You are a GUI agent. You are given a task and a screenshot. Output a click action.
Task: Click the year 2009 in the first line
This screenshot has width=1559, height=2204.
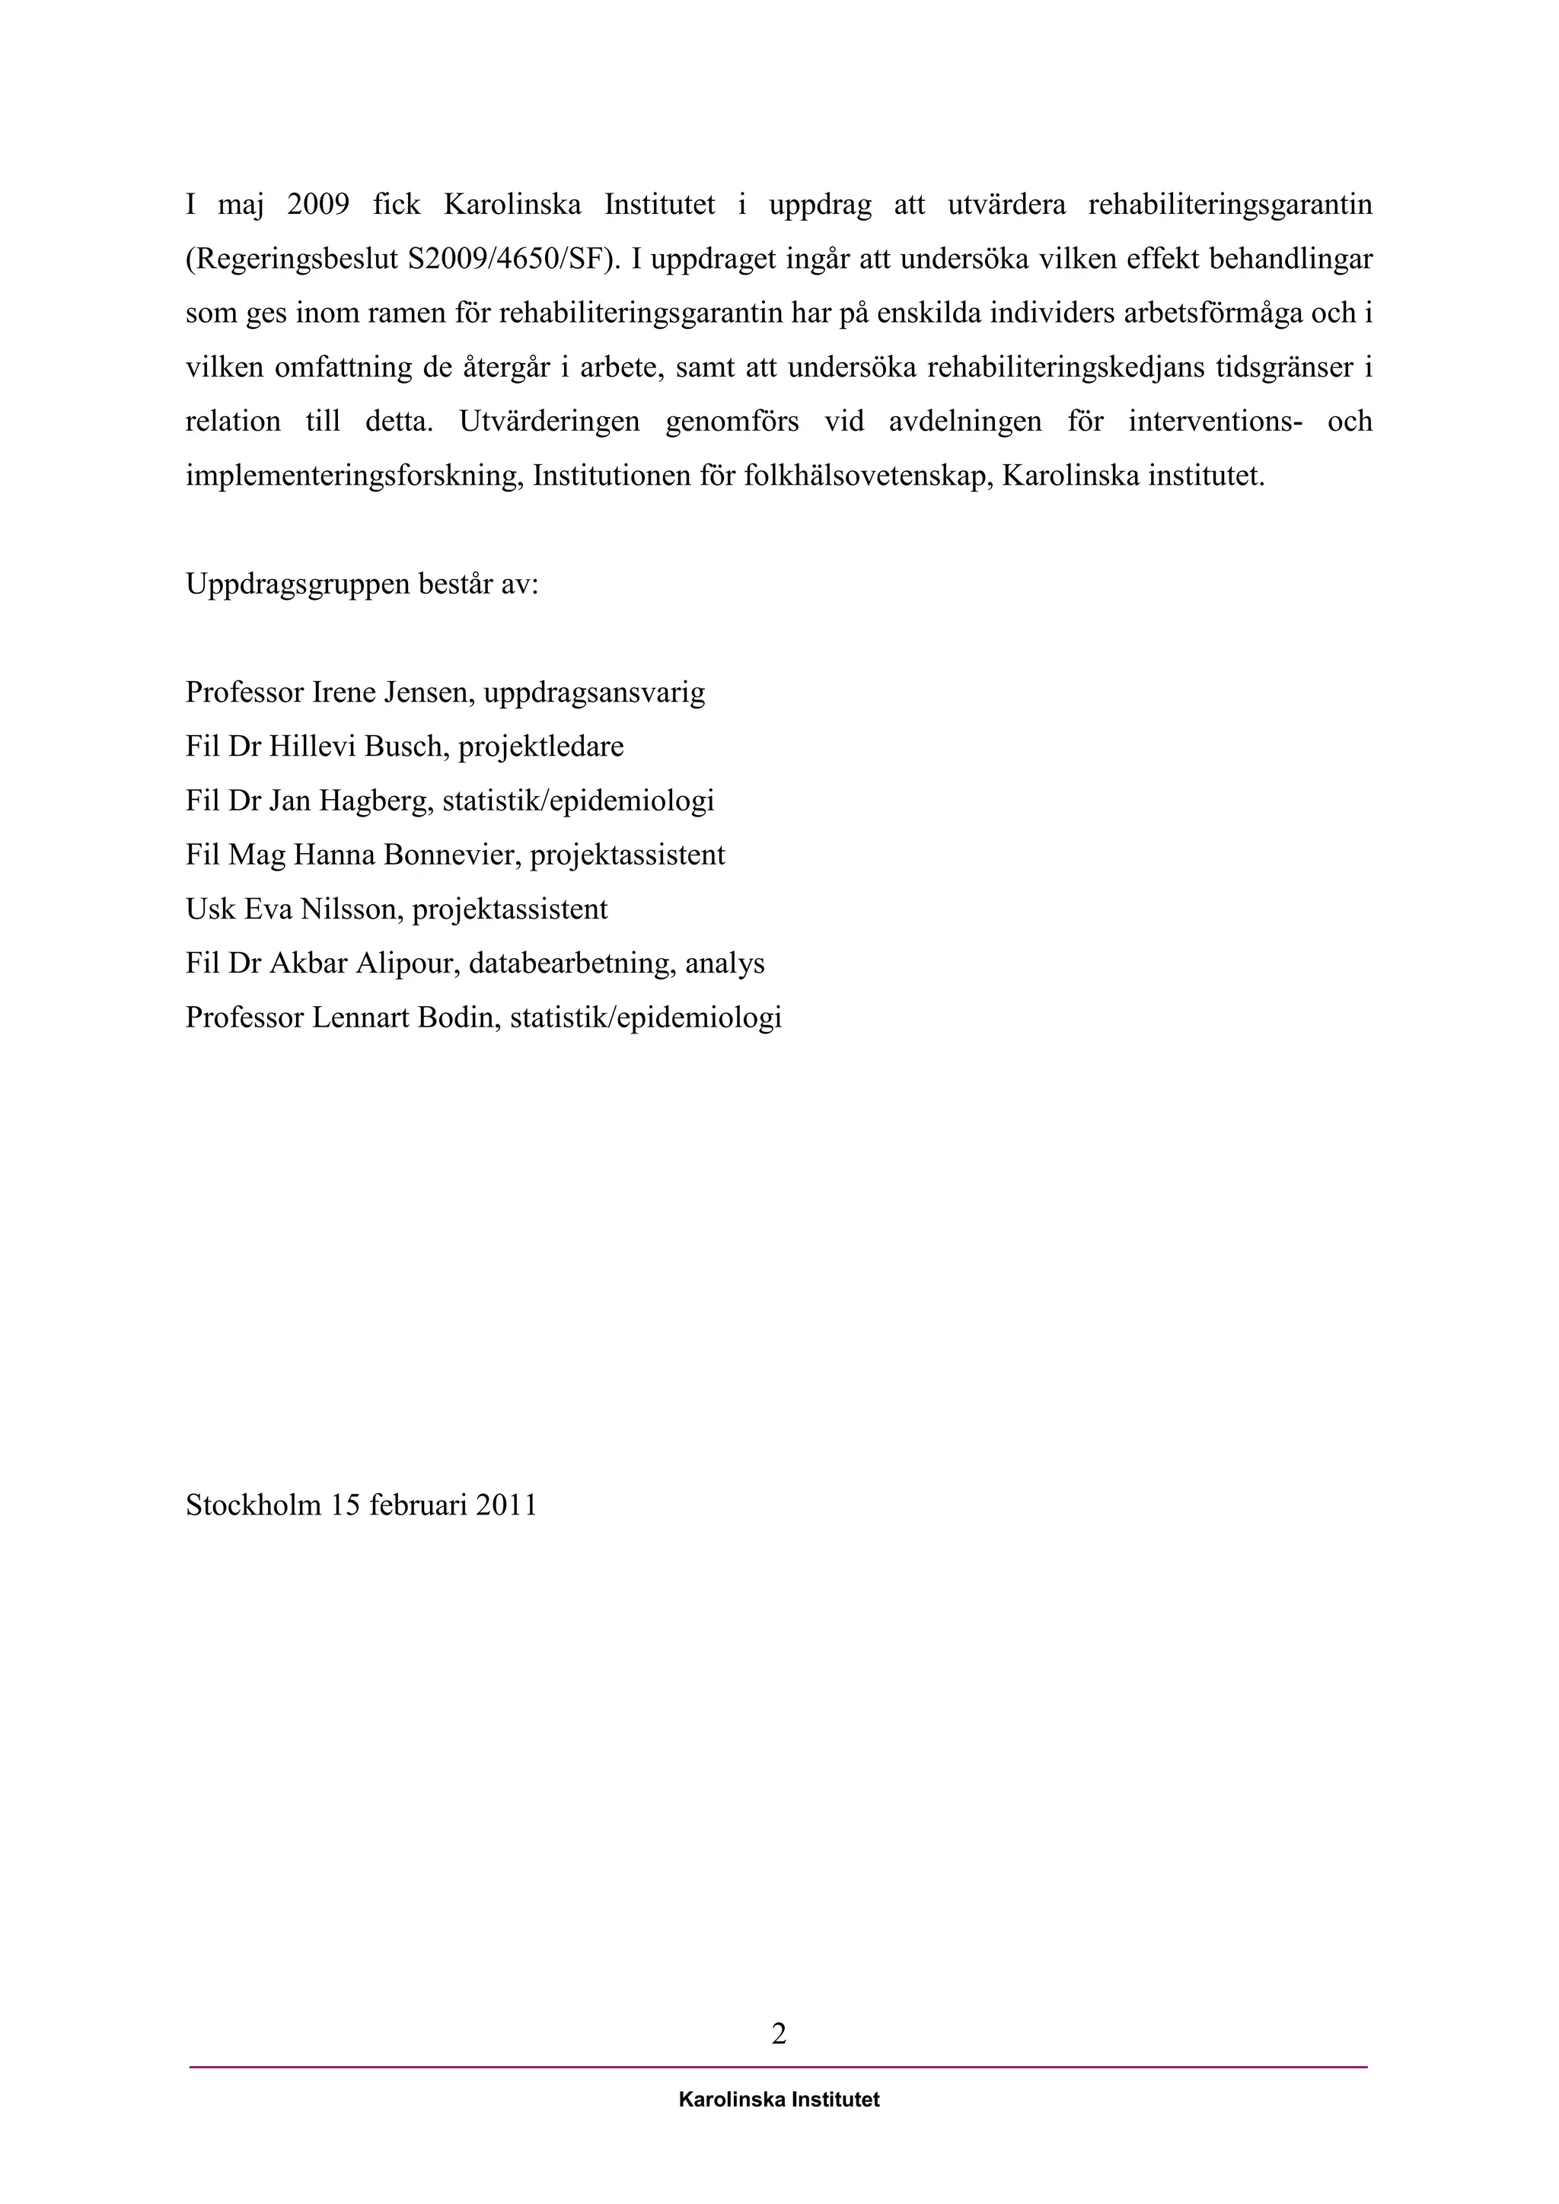[317, 205]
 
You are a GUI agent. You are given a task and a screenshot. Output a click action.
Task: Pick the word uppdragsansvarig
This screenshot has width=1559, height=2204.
[595, 692]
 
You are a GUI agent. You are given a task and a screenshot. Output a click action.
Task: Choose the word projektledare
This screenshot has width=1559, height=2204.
[541, 746]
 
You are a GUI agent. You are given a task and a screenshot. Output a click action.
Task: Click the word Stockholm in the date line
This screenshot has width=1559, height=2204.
[253, 1504]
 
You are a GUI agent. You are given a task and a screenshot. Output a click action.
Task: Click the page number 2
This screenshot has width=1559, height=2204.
[779, 2033]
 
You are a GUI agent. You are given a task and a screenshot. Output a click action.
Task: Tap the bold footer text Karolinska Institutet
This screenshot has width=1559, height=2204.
[779, 2100]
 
